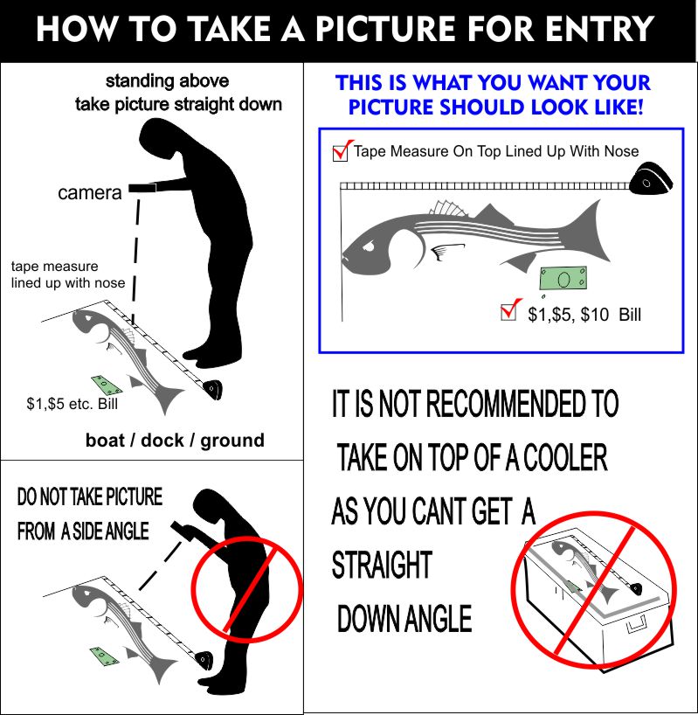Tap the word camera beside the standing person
click(x=90, y=193)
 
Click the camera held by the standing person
click(x=142, y=188)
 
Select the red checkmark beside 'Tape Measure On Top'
click(x=343, y=150)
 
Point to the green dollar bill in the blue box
click(x=563, y=279)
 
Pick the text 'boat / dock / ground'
click(x=175, y=441)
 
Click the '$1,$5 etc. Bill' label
click(x=72, y=404)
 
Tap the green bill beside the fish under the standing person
click(x=107, y=385)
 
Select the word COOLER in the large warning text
click(x=564, y=457)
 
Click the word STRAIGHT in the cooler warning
click(x=382, y=565)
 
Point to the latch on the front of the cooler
click(x=637, y=623)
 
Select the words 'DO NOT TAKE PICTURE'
click(x=90, y=496)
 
